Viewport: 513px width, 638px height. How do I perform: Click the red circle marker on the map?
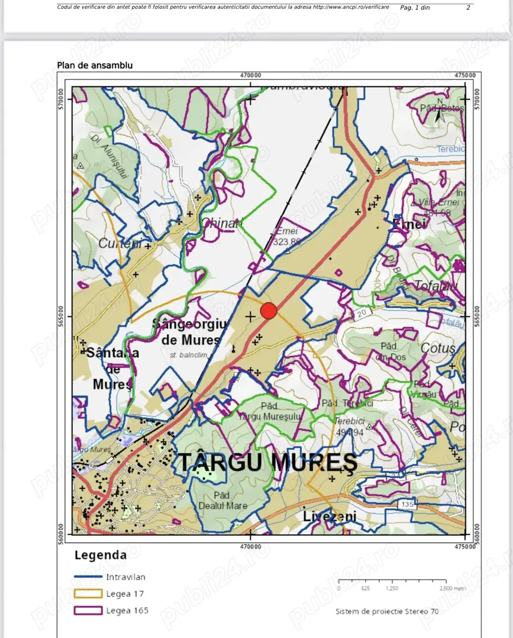pyautogui.click(x=269, y=311)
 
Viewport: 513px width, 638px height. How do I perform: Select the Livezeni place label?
pyautogui.click(x=329, y=516)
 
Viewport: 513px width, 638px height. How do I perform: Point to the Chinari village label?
pyautogui.click(x=221, y=223)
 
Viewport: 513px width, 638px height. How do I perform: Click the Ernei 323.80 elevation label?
pyautogui.click(x=287, y=237)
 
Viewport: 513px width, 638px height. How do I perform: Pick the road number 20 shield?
pyautogui.click(x=362, y=313)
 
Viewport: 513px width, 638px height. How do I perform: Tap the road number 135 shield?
pyautogui.click(x=407, y=504)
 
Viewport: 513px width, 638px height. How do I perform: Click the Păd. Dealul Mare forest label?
pyautogui.click(x=223, y=501)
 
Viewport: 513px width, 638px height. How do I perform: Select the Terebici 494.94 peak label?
pyautogui.click(x=350, y=427)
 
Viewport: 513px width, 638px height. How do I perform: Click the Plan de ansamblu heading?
pyautogui.click(x=95, y=65)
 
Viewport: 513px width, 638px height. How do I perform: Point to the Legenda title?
pyautogui.click(x=101, y=555)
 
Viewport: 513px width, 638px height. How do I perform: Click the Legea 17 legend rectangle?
pyautogui.click(x=88, y=593)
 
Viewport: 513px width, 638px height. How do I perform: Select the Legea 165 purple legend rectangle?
pyautogui.click(x=88, y=610)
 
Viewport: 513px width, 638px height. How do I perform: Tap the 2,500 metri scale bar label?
pyautogui.click(x=452, y=588)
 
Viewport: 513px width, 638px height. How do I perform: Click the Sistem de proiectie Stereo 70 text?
pyautogui.click(x=387, y=611)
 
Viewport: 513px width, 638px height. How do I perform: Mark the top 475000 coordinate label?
pyautogui.click(x=465, y=75)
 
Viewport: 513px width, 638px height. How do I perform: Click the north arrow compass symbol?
pyautogui.click(x=439, y=111)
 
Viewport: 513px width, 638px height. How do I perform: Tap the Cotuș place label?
pyautogui.click(x=438, y=348)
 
